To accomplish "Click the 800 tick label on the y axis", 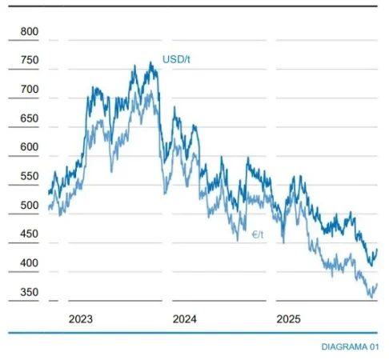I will click(29, 31).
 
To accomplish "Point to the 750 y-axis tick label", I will click(29, 60).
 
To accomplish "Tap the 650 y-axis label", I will click(29, 118).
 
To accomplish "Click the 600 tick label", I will click(29, 147).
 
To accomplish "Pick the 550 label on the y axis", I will click(29, 177).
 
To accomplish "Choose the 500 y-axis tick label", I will click(29, 206).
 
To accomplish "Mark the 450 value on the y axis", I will click(29, 234).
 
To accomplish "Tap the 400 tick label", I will click(29, 263).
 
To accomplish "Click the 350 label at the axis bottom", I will click(29, 293).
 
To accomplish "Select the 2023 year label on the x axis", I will click(80, 318).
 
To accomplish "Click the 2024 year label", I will click(184, 318).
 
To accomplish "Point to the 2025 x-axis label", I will click(288, 318).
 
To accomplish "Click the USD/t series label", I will click(175, 59).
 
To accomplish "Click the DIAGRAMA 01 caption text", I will click(349, 346).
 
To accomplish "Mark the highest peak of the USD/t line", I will click(150, 62).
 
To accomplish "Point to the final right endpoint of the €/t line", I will click(377, 284).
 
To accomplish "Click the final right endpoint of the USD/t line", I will click(377, 250).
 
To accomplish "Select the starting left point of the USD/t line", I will click(48, 193).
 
